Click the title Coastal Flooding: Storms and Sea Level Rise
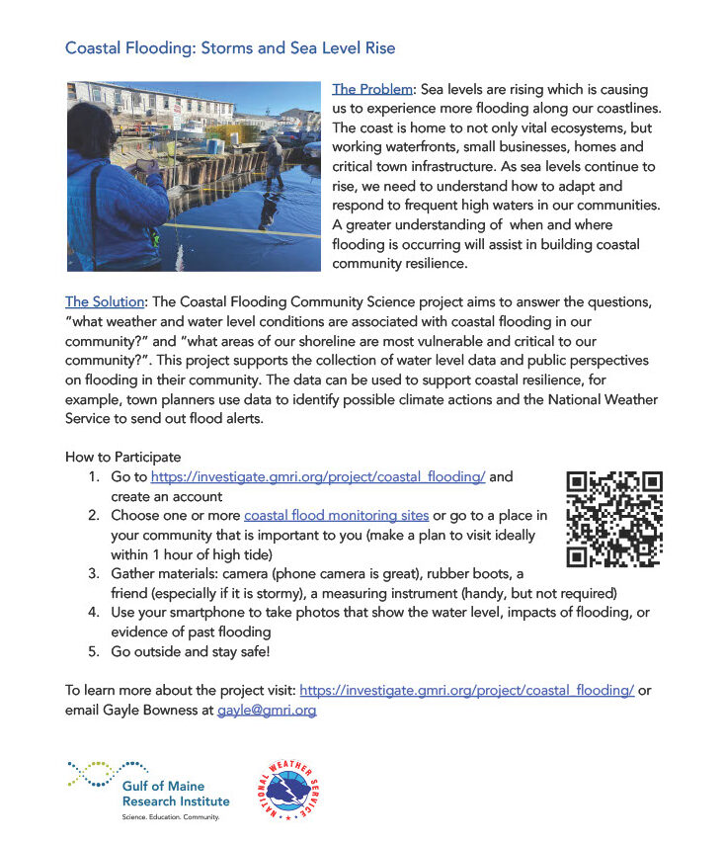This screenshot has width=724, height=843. tap(230, 47)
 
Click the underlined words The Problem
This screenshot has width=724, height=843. tap(370, 89)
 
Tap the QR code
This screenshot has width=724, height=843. tap(613, 520)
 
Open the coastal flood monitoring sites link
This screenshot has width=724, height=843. tap(337, 516)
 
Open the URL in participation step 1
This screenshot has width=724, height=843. tap(317, 477)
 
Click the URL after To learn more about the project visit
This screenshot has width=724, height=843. tap(466, 691)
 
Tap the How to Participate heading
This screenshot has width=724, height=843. tap(123, 458)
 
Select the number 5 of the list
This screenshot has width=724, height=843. tap(94, 652)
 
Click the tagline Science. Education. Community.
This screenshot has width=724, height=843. tap(170, 817)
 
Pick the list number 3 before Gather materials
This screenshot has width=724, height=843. tap(94, 574)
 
